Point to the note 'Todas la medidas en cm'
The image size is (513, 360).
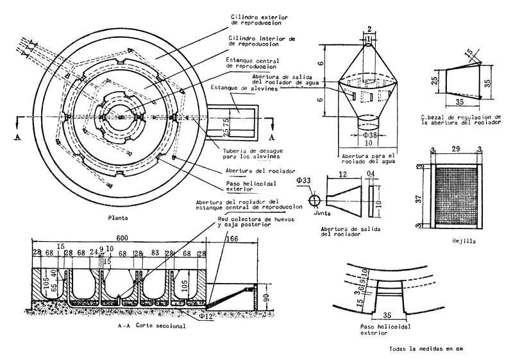point(425,350)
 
